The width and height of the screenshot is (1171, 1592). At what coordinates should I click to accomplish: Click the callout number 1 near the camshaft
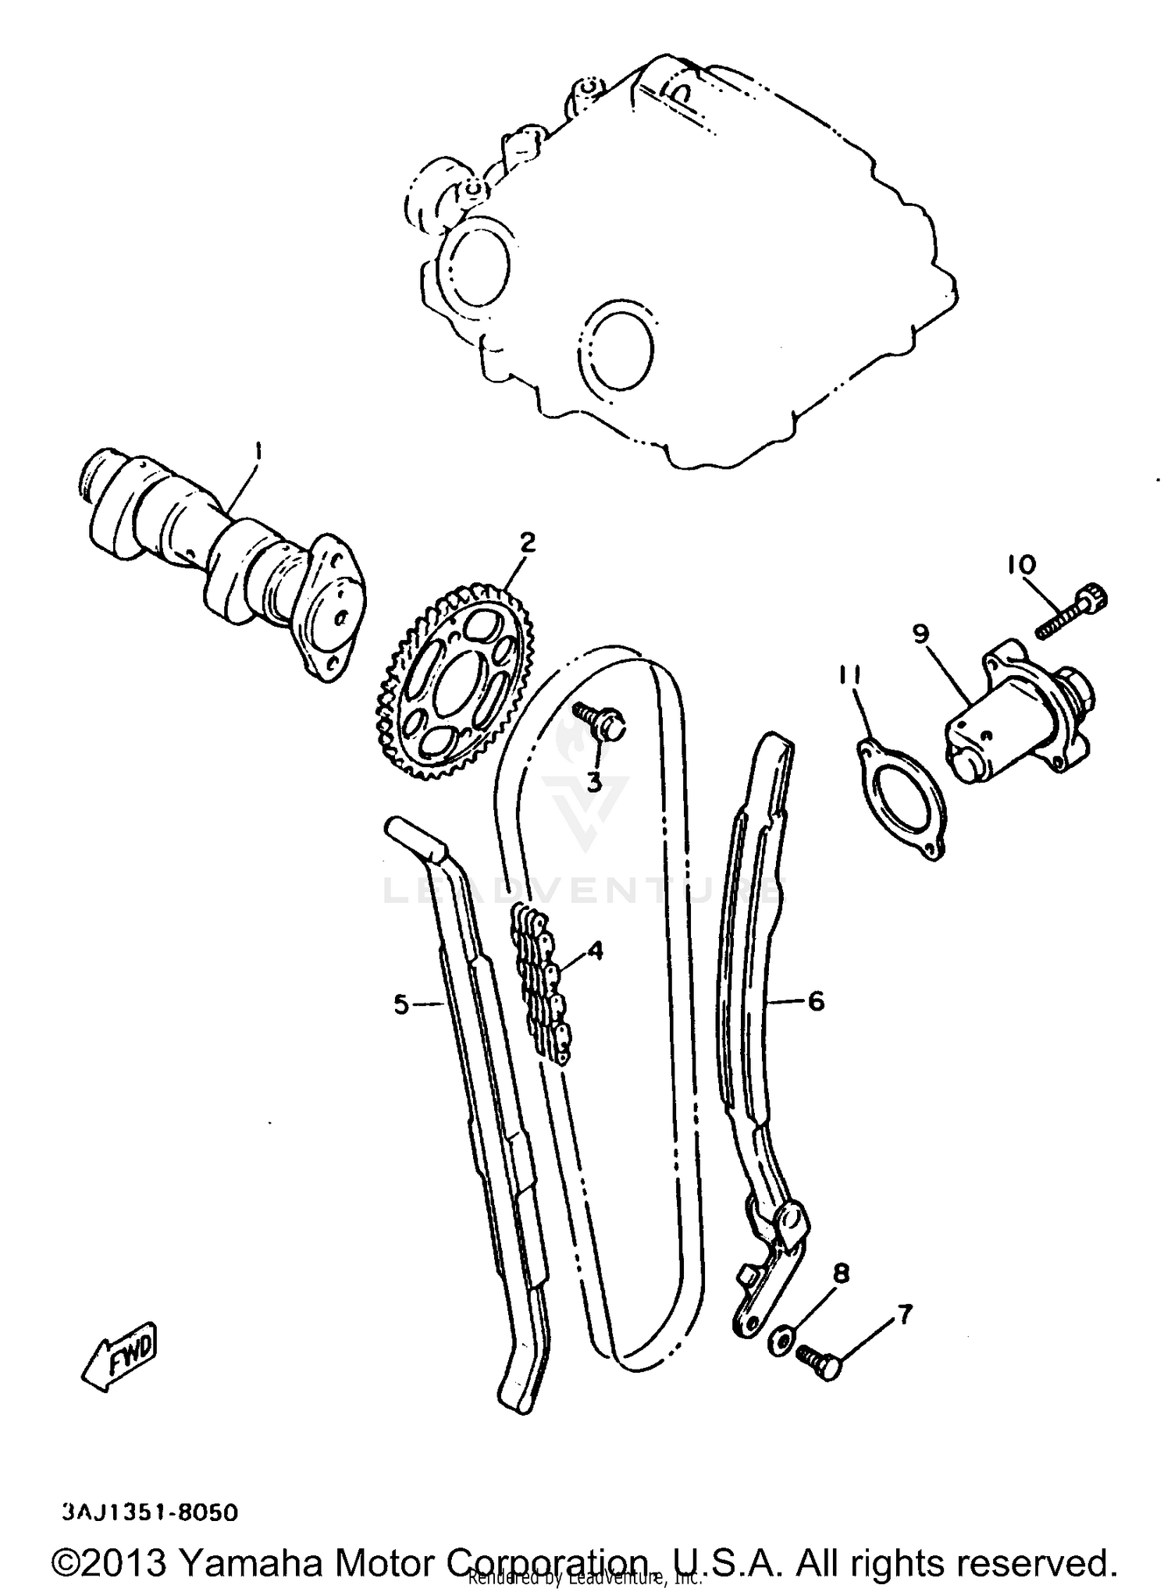point(258,452)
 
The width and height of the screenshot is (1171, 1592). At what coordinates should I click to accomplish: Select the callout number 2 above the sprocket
point(528,542)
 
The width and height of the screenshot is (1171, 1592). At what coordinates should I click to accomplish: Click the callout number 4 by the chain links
point(596,950)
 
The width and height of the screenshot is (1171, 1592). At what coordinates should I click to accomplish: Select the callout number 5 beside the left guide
point(401,1005)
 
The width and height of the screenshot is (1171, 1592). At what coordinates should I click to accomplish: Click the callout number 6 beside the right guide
point(816,1000)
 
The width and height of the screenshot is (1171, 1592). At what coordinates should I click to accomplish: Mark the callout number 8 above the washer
point(840,1274)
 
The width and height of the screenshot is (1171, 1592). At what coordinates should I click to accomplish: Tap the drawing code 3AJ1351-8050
point(148,1512)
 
